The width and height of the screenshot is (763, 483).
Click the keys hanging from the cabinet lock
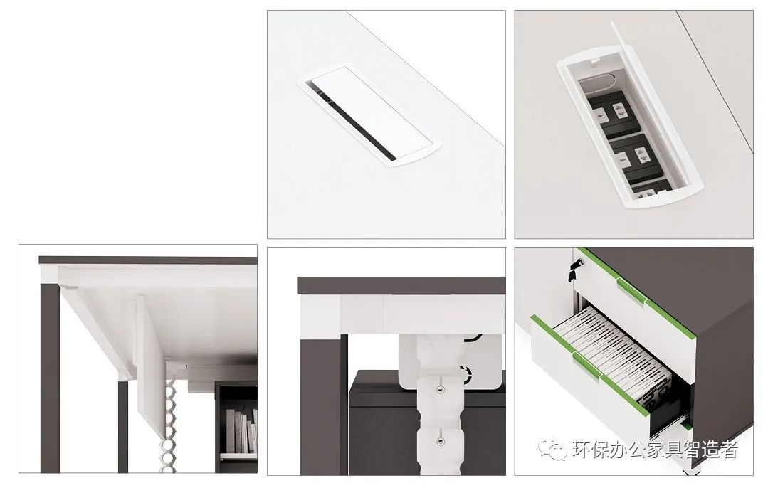pos(573,270)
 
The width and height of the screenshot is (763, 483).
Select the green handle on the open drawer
pos(587,364)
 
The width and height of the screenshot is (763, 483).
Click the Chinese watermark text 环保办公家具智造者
pos(655,450)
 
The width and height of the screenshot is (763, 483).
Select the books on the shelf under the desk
pos(241,431)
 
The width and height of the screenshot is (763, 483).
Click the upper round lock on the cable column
pos(440,390)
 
